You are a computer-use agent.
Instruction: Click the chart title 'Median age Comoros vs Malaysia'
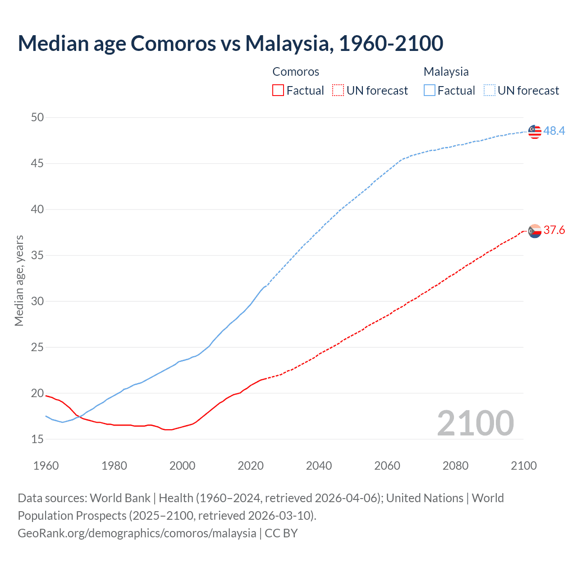coord(230,43)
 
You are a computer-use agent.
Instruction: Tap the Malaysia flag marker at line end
coord(534,131)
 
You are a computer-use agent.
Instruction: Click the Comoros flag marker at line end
coord(534,231)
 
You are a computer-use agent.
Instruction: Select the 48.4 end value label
coord(554,131)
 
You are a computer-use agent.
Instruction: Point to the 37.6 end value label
coord(554,230)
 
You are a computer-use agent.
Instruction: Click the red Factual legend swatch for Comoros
coord(278,91)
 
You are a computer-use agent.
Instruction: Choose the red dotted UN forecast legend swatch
coord(338,91)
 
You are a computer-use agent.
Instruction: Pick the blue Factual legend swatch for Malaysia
coord(430,91)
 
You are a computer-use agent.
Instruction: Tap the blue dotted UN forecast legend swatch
coord(490,91)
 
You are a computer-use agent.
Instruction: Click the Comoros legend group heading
coord(296,72)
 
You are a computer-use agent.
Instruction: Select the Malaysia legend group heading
coord(446,72)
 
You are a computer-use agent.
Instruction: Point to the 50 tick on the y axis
coord(37,118)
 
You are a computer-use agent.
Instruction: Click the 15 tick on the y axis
coord(37,439)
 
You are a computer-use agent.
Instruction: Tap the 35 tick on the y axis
coord(37,256)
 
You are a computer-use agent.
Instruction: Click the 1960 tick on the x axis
coord(46,466)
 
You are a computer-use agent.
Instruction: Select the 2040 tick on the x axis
coord(319,466)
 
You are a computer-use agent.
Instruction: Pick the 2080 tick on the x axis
coord(455,466)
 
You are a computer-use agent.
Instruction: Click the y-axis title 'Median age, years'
coord(19,280)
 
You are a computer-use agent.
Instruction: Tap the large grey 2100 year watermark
coord(475,423)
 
